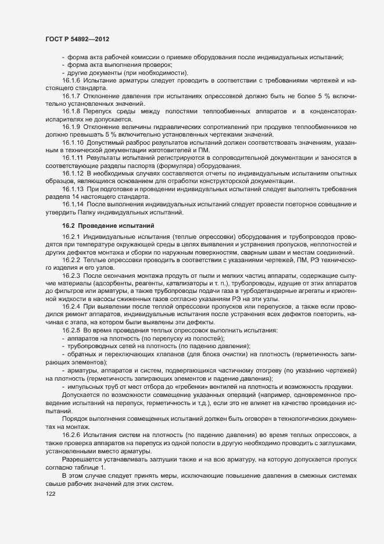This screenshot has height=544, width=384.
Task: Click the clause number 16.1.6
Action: (71, 80)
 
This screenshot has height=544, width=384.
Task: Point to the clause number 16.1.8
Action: (71, 110)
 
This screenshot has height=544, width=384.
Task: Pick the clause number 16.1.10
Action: (73, 141)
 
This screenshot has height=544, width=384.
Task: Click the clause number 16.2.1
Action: (71, 237)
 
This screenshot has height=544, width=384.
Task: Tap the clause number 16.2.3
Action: (71, 275)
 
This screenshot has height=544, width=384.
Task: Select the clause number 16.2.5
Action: (71, 330)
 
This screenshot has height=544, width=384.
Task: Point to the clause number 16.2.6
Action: (71, 435)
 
